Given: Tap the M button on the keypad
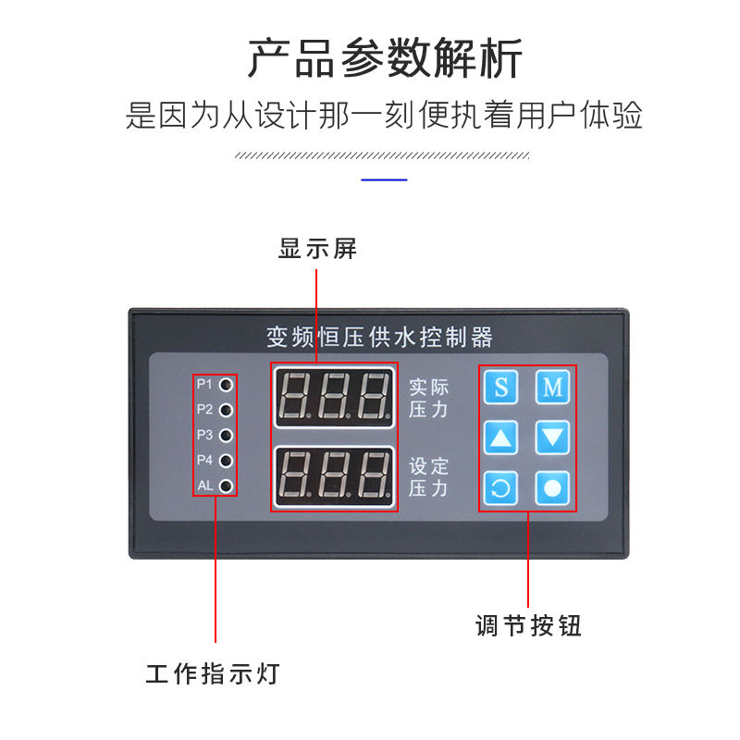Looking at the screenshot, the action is click(x=552, y=387).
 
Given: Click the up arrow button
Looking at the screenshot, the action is click(x=501, y=437).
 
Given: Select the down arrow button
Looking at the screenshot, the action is click(x=552, y=437).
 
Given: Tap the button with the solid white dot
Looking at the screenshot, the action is click(x=552, y=487).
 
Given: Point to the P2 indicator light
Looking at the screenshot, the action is click(x=225, y=409).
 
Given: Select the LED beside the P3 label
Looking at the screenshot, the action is click(x=225, y=434).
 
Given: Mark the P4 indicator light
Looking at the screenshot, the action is click(x=225, y=460).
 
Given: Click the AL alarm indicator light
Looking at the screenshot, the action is click(x=225, y=485).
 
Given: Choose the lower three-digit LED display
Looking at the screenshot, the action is click(x=334, y=475).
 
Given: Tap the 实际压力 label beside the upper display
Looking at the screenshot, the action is click(x=428, y=398).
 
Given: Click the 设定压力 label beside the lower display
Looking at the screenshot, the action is click(x=428, y=477).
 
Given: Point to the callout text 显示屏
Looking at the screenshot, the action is click(x=317, y=249).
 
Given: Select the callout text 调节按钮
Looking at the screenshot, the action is click(x=528, y=626).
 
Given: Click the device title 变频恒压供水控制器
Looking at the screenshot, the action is click(x=379, y=336).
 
